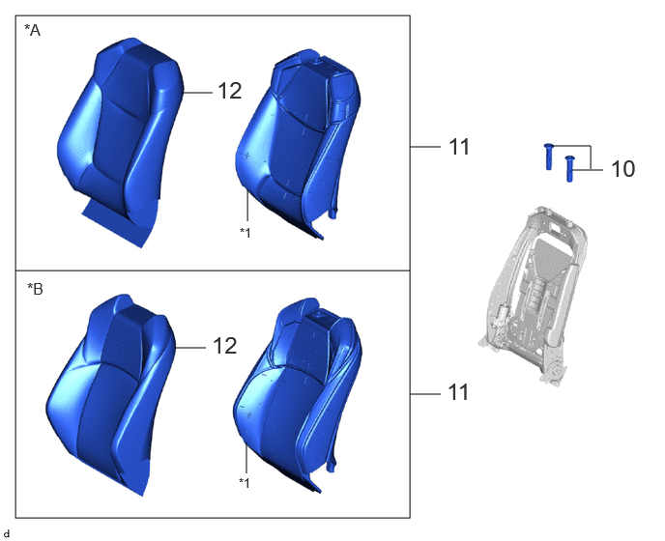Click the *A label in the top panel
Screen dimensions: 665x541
click(x=32, y=30)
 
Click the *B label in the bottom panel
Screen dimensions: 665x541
click(x=35, y=289)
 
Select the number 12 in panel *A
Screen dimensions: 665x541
click(x=230, y=91)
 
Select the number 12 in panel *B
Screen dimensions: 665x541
click(x=225, y=347)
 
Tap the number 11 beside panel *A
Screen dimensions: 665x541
click(x=459, y=147)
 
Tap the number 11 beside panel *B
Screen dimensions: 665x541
click(x=458, y=392)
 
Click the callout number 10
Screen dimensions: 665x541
click(x=623, y=169)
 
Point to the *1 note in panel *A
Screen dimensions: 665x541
click(x=246, y=233)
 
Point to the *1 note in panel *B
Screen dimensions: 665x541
click(x=245, y=482)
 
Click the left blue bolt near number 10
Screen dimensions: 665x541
click(x=549, y=157)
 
